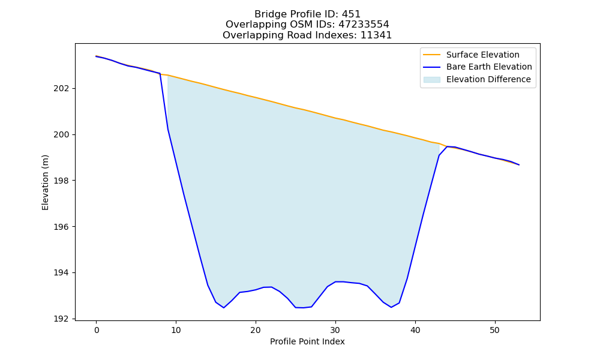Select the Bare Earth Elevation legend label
[489, 67]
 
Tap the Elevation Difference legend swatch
[431, 80]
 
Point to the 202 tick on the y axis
[62, 88]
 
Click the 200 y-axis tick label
[62, 134]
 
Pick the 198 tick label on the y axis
[62, 181]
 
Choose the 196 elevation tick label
[62, 227]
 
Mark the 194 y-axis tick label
[62, 273]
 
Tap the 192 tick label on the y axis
[62, 319]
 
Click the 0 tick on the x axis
[97, 330]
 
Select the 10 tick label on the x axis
[176, 330]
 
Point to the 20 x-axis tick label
[256, 330]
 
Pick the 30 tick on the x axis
[335, 330]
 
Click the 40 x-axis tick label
[415, 330]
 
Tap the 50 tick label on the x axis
[495, 330]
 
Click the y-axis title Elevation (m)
[45, 182]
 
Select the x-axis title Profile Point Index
[307, 341]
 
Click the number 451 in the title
[351, 14]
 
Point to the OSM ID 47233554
[364, 25]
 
